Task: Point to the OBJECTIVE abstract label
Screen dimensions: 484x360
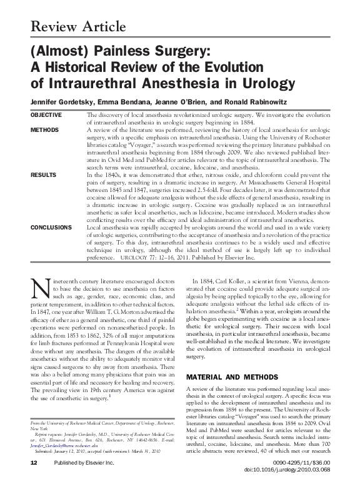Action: click(46, 115)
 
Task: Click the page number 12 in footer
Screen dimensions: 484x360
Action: click(34, 480)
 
